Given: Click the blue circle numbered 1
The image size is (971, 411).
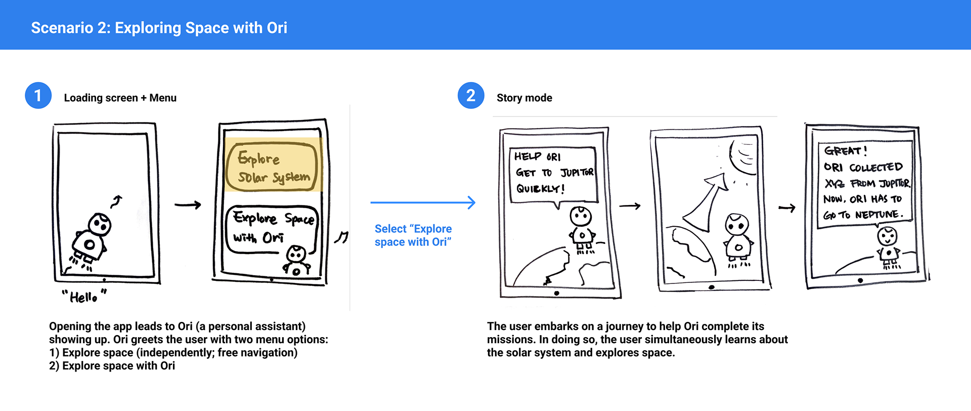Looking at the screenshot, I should tap(38, 95).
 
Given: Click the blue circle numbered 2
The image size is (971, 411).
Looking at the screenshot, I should tap(471, 95).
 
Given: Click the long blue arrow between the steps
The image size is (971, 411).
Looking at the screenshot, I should tap(423, 202).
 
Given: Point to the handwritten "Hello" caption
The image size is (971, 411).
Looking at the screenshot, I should tap(84, 296).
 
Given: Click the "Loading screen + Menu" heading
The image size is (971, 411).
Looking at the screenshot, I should tap(120, 98).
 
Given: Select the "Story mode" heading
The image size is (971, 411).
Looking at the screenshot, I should tap(524, 98).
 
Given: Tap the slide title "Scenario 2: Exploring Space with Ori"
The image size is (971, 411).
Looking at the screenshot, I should tap(159, 28).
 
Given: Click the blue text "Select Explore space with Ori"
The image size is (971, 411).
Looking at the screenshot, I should tap(413, 235).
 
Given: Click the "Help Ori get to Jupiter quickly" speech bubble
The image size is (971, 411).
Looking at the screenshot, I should tap(553, 174).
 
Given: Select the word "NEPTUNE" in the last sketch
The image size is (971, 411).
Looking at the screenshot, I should tap(878, 215).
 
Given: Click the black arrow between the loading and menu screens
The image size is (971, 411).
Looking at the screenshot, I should tap(188, 205).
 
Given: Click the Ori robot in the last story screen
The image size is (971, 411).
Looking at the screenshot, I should tap(888, 248).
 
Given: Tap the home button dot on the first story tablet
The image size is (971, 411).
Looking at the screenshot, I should tap(556, 293).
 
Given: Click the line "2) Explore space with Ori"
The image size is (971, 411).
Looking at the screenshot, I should tap(112, 366).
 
